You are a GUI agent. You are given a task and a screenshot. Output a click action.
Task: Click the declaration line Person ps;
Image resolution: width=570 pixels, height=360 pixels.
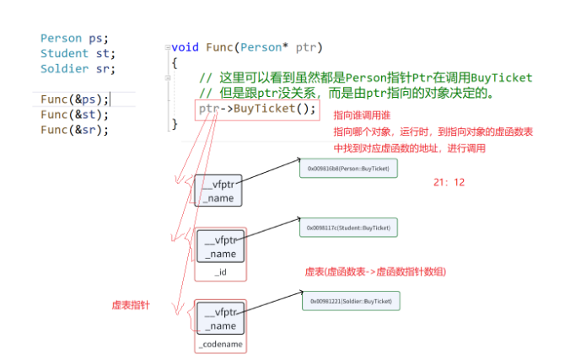click(x=74, y=39)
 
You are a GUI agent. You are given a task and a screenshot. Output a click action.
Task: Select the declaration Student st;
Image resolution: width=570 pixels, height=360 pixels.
click(x=77, y=54)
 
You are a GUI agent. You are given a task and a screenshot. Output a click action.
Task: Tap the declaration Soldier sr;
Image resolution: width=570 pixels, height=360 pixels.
click(x=77, y=69)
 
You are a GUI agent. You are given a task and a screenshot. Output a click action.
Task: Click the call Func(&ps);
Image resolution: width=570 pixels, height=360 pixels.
click(x=74, y=99)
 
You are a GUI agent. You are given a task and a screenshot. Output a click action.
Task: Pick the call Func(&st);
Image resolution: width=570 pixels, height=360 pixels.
click(x=74, y=115)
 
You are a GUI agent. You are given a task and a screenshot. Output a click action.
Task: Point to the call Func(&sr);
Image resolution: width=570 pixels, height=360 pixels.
click(x=74, y=130)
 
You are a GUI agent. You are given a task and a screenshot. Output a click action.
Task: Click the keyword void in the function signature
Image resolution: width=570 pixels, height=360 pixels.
click(x=186, y=47)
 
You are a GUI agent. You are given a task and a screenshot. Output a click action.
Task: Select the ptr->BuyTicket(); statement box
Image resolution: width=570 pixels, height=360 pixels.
click(x=257, y=110)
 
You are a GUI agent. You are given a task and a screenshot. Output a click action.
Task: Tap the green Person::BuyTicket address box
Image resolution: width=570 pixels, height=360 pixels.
click(x=347, y=169)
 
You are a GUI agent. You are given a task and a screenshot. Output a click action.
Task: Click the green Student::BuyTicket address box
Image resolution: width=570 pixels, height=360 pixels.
click(x=349, y=228)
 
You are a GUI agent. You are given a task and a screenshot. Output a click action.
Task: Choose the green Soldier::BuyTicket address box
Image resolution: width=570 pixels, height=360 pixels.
click(x=350, y=301)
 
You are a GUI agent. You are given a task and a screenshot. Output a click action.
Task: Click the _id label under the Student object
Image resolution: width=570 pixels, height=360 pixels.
click(x=220, y=271)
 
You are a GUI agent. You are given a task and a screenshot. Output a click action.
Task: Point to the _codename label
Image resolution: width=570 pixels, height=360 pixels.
click(x=220, y=345)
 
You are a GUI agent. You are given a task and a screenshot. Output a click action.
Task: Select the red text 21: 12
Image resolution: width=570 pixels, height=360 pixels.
click(x=449, y=182)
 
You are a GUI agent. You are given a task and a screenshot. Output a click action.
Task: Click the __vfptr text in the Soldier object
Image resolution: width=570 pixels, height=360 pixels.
click(x=222, y=312)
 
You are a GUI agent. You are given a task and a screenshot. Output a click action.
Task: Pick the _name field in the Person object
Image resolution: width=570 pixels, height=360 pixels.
click(x=218, y=197)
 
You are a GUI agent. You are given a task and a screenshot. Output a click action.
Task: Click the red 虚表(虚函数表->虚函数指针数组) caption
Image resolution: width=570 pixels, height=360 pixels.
click(x=374, y=271)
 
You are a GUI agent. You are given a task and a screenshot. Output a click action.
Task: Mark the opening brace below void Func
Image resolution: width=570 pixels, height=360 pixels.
click(x=174, y=62)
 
